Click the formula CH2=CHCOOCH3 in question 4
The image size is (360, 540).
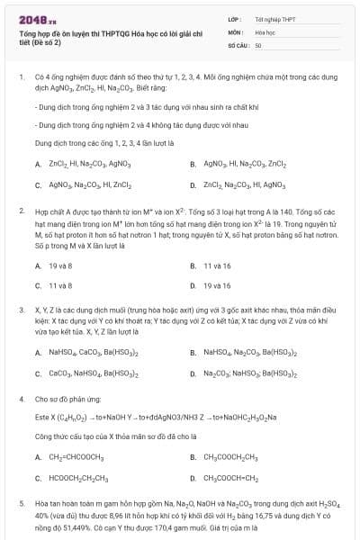click(x=76, y=457)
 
